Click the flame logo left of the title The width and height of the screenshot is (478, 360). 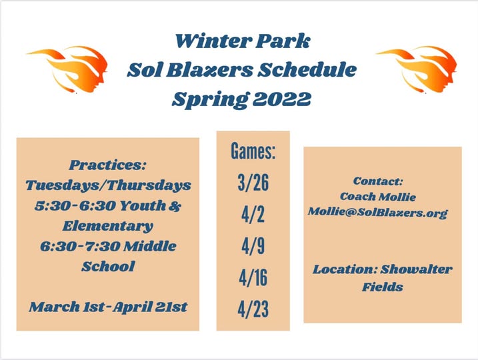(x=70, y=69)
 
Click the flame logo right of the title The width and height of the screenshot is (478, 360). (x=420, y=69)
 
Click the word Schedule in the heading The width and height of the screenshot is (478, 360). (x=307, y=70)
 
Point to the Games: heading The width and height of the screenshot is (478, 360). (x=253, y=151)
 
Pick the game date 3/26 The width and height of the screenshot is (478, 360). (x=253, y=183)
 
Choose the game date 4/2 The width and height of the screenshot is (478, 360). (x=253, y=215)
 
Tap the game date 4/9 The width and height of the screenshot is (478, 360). (x=253, y=246)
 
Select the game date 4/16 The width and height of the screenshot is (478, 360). (x=253, y=278)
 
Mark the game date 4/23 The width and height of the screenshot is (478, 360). (x=253, y=309)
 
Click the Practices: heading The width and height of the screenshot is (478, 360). (x=108, y=165)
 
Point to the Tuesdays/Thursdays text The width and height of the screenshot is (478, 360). (x=108, y=185)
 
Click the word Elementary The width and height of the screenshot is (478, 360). (x=108, y=226)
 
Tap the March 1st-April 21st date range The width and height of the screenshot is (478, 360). (x=108, y=307)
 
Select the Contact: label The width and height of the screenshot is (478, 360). (x=378, y=181)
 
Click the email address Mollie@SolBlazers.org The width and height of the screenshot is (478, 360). (x=378, y=213)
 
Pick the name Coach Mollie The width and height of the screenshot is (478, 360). (x=378, y=197)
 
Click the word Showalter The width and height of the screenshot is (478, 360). (x=416, y=269)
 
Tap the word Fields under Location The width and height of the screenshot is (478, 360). (x=383, y=287)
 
